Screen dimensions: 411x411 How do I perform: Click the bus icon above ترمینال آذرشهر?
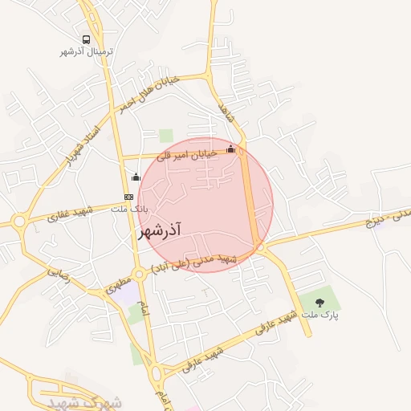86,39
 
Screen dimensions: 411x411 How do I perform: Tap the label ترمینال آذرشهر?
87,51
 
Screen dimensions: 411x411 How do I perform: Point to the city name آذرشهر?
161,230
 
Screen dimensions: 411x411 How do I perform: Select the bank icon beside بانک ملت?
128,197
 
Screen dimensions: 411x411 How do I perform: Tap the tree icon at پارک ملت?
320,302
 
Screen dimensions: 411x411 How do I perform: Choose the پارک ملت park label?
320,316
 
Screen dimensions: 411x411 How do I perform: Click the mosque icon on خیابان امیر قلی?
231,149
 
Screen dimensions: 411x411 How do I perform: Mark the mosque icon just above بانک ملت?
135,177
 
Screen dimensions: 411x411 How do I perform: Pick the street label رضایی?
59,272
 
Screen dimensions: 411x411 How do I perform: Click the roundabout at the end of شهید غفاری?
18,220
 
